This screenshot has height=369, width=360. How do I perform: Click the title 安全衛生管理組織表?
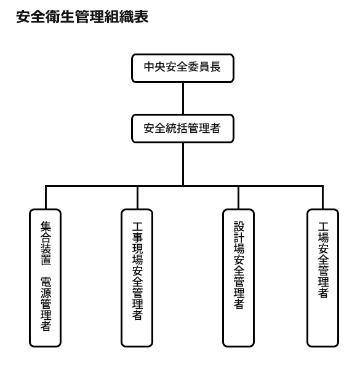tap(82, 17)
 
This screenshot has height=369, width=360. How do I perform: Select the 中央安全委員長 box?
tap(183, 68)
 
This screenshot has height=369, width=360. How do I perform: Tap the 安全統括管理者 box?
tap(183, 129)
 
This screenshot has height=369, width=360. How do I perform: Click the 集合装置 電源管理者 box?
tap(45, 278)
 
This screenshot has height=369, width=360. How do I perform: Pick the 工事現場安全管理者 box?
tap(137, 278)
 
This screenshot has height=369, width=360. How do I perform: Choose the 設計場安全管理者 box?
tap(239, 278)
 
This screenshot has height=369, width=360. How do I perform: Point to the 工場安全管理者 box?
tap(323, 278)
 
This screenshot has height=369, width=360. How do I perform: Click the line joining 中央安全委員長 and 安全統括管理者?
tap(183, 98)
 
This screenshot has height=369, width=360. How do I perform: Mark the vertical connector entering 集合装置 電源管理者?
tap(46, 197)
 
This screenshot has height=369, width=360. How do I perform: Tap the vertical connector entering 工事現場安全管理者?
tap(137, 197)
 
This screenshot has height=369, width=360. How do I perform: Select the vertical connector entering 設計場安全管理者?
tap(238, 197)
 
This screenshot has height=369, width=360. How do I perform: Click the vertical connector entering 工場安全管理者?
tap(322, 197)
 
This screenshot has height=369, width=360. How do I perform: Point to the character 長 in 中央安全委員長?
tap(215, 67)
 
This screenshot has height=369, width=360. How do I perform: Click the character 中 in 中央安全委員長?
tap(150, 67)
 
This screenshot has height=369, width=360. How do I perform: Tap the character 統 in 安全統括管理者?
tap(172, 129)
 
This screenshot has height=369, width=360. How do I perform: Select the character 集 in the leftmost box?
tap(46, 226)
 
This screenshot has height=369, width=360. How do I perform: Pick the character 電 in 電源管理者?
tap(46, 282)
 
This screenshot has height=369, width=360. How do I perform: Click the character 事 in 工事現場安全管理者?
tap(137, 237)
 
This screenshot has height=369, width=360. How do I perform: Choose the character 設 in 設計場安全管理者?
tap(239, 226)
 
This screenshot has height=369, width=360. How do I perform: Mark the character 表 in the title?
tap(142, 17)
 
